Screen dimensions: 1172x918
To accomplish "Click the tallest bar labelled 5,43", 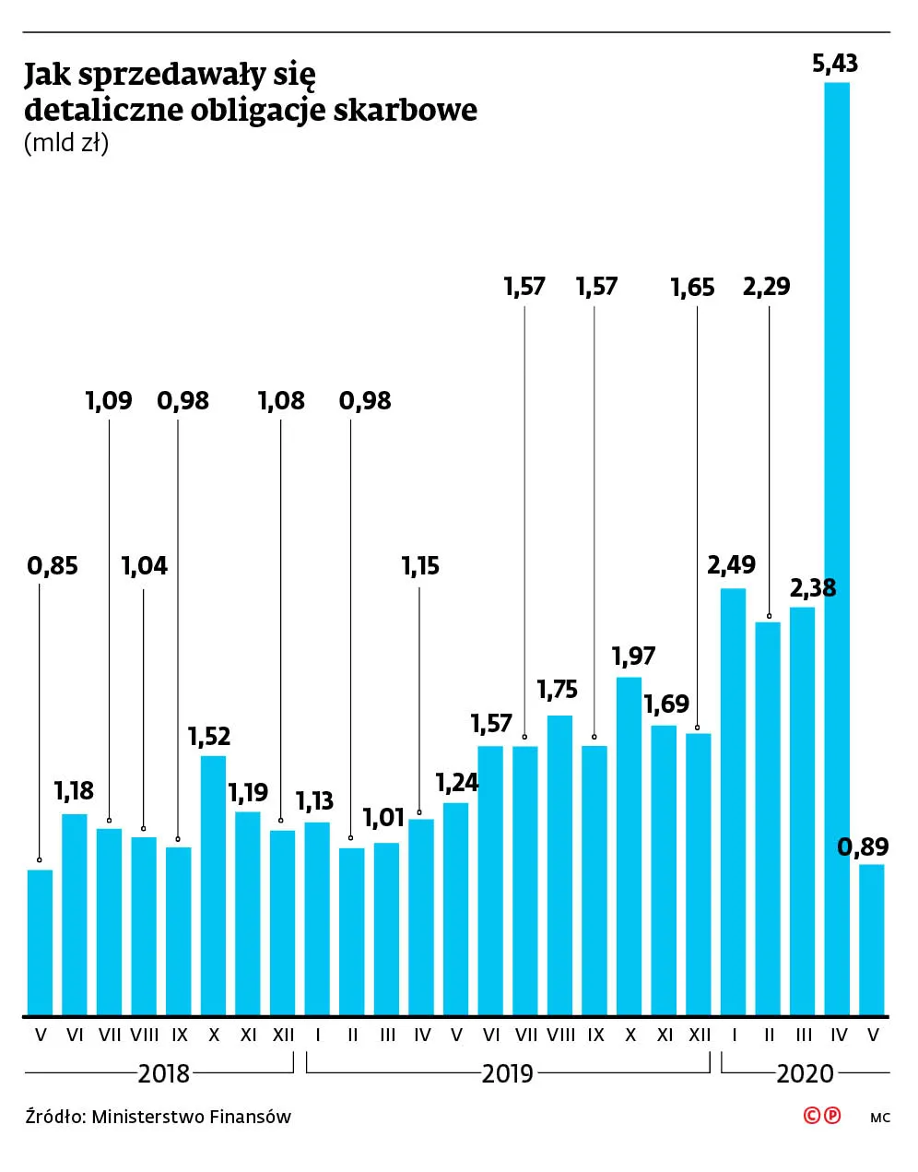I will click(837, 549).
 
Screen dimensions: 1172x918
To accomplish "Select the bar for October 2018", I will click(213, 885).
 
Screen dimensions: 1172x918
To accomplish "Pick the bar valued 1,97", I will click(630, 846).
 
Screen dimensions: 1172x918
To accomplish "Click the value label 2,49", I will click(731, 564).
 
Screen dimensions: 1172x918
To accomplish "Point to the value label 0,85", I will click(53, 566).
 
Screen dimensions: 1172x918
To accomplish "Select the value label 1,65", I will click(692, 288).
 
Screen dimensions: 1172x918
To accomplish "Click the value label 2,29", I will click(766, 287).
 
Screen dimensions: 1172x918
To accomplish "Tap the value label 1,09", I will click(109, 401).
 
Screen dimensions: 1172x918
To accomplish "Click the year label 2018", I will click(164, 1073).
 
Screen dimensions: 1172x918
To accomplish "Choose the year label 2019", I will click(508, 1073).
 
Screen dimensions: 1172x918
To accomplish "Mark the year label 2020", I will click(805, 1073).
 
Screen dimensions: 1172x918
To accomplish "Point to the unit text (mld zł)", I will click(66, 144).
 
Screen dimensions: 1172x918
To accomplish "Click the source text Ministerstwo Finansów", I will click(192, 1117).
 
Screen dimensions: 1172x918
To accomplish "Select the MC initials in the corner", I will click(879, 1118).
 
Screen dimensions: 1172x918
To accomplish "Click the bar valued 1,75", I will click(560, 865).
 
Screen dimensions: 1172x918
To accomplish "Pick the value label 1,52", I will click(209, 736).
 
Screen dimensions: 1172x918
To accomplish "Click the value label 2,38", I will click(813, 587).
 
